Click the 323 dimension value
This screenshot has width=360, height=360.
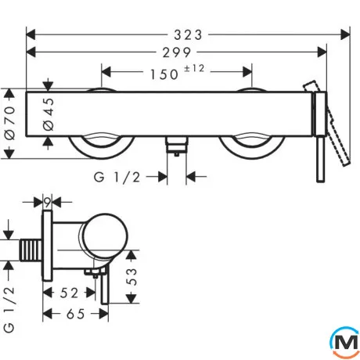188,35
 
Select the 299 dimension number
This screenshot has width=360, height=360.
177,52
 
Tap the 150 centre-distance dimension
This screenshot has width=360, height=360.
164,74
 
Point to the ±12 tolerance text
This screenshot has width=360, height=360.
194,69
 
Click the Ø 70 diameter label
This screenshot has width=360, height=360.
10,122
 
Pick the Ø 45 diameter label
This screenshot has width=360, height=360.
49,114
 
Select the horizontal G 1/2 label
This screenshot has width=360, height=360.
117,178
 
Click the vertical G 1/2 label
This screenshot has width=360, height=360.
9,310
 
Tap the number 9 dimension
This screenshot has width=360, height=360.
47,202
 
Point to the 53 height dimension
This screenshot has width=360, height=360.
132,277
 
